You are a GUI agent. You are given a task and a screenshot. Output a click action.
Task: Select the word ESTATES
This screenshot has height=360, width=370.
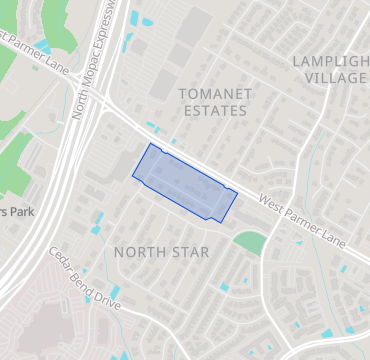point(214,111)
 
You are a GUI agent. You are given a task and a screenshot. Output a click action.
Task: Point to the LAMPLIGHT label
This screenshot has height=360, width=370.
point(330,61)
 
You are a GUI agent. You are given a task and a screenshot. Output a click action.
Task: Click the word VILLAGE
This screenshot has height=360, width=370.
point(336,78)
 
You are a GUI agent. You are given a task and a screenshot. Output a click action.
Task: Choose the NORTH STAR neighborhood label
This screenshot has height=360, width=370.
point(161,252)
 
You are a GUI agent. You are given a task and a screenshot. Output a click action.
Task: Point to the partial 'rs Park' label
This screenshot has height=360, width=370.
point(17,212)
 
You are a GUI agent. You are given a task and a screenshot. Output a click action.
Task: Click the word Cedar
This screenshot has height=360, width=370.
point(62,264)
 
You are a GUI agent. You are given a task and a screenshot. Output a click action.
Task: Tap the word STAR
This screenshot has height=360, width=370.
point(190,252)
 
